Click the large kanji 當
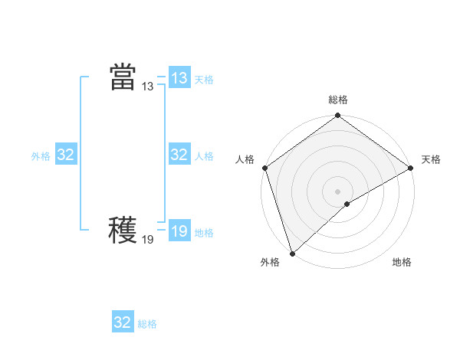coord(123,77)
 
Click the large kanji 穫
coord(123,231)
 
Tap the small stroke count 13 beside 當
coord(147,87)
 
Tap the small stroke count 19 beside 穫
coord(147,240)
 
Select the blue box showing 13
coord(179,78)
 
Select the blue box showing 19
coord(179,231)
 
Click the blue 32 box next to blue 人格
coord(179,155)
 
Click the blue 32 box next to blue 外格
coord(66,155)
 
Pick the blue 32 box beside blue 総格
coord(123,322)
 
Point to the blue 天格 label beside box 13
coord(204,79)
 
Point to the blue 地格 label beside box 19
coord(204,232)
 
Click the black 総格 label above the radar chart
coord(338,100)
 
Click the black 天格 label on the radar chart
coord(431,159)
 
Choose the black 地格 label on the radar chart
coord(402,262)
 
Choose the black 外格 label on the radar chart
coord(270,262)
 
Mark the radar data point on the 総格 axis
coord(338,116)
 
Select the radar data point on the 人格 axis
coord(265,168)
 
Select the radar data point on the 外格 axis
coord(292,253)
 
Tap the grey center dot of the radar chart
coord(337,191)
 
